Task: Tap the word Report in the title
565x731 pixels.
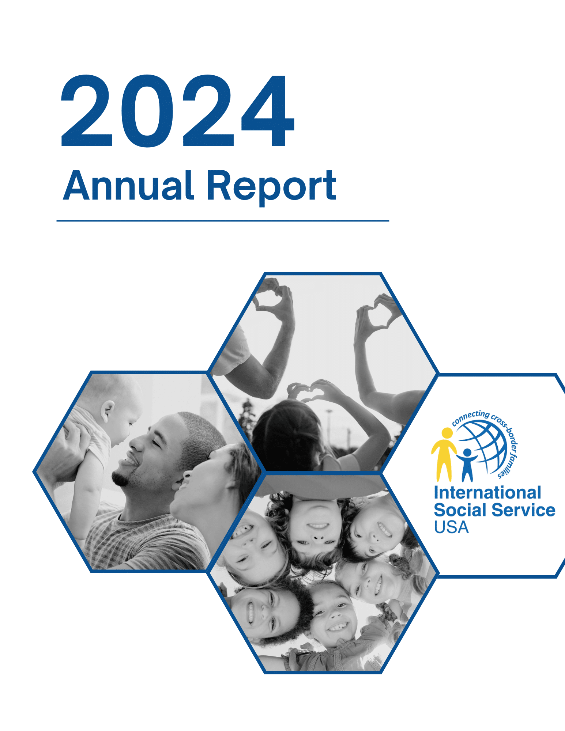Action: (x=271, y=187)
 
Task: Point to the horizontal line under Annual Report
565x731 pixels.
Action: (x=223, y=221)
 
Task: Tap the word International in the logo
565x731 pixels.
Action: (x=487, y=493)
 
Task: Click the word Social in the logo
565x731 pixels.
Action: (x=460, y=510)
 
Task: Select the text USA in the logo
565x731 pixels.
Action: (x=451, y=527)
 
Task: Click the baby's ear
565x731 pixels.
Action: (x=108, y=410)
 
